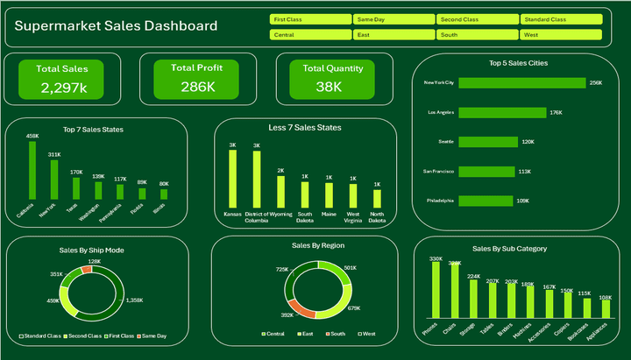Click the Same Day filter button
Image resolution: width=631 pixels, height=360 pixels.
pos(393,18)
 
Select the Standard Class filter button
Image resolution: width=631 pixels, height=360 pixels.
pos(562,18)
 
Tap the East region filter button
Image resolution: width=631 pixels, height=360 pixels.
pos(393,35)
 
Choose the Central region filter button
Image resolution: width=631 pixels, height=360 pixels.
pos(310,35)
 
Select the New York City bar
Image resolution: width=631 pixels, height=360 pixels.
pos(521,83)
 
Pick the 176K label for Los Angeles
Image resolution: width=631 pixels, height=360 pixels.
pos(556,113)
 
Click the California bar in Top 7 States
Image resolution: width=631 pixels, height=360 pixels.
pos(32,170)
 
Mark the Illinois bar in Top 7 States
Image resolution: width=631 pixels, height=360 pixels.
pos(164,194)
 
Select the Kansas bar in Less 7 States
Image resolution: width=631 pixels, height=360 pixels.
pos(233,178)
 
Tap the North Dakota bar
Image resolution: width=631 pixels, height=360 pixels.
pos(377,197)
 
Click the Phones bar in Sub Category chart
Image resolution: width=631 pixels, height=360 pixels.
pos(436,289)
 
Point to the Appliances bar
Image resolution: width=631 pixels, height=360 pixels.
pos(606,308)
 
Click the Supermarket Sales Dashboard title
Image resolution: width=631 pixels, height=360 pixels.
pos(117,26)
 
